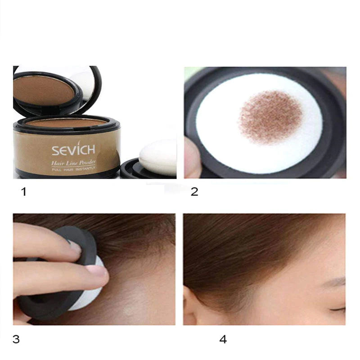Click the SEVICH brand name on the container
(73, 149)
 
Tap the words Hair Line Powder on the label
(73, 163)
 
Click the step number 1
(23, 192)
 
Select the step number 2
(194, 192)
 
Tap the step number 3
(16, 339)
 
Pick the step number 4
(223, 339)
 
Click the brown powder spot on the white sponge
(270, 117)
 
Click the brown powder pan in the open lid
(44, 91)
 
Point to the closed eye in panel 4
(337, 309)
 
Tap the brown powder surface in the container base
(67, 123)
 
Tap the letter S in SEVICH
(55, 150)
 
